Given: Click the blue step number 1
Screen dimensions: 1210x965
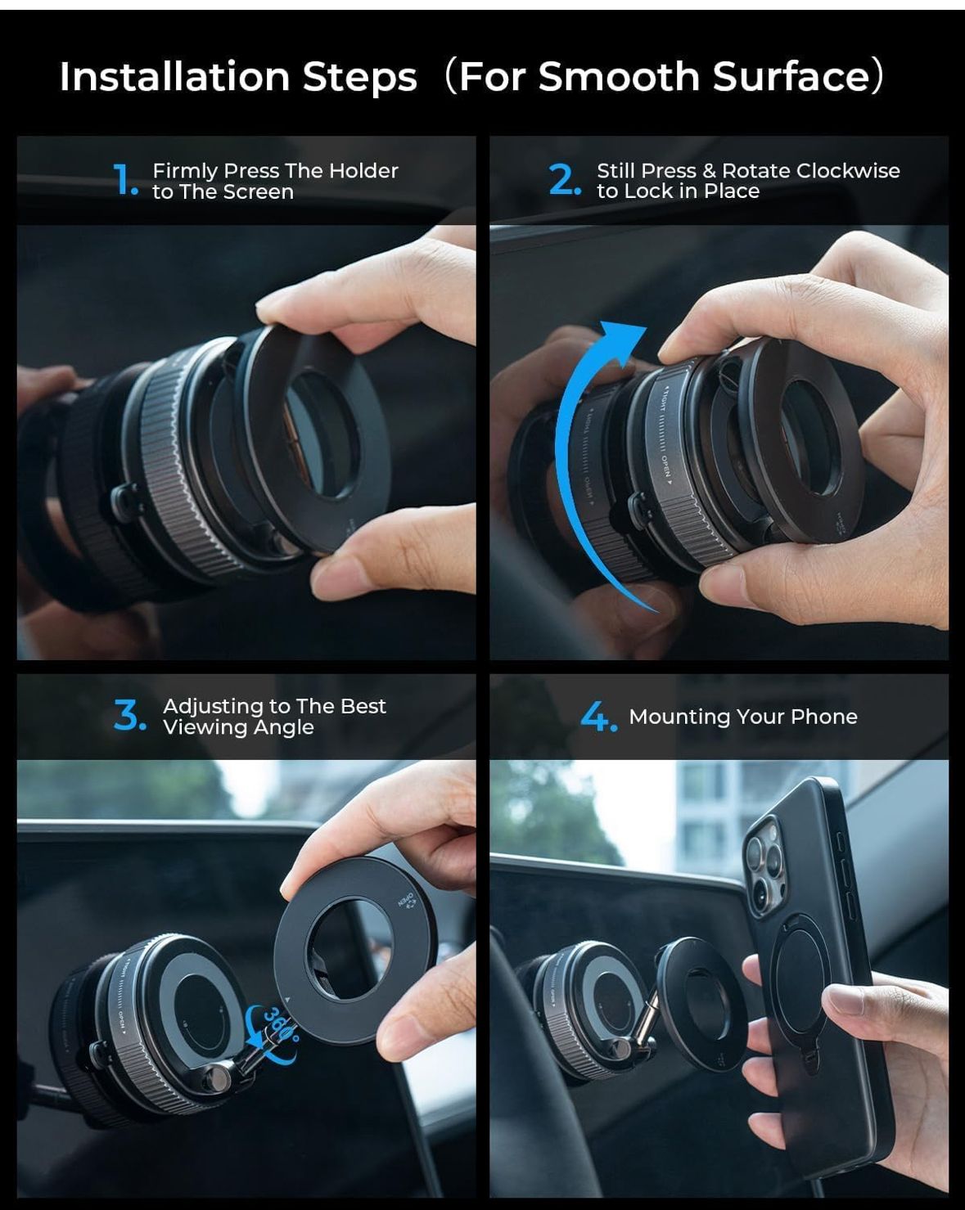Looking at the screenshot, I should coord(124,180).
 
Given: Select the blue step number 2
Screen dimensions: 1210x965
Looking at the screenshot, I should coord(564,180).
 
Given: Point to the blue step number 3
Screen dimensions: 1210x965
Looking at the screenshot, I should coord(129,716).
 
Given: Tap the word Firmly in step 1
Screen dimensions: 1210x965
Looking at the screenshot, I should coord(184,171).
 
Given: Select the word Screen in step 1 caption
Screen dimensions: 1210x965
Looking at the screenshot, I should coord(259,192).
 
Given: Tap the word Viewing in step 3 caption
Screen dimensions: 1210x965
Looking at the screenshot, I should coord(200,727).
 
